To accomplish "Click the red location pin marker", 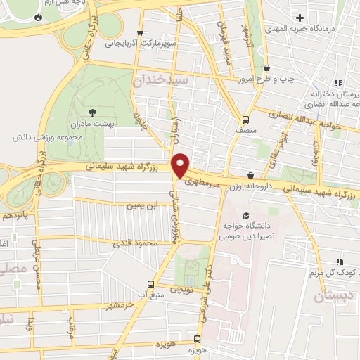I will click(x=181, y=165).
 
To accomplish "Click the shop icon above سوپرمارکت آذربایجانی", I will click(x=141, y=32).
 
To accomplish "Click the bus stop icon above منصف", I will click(x=245, y=119).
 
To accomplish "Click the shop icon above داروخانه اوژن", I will click(x=251, y=175).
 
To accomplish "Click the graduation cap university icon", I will click(x=245, y=215).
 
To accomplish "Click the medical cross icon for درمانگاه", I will click(x=300, y=17).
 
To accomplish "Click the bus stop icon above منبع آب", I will click(x=150, y=284).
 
